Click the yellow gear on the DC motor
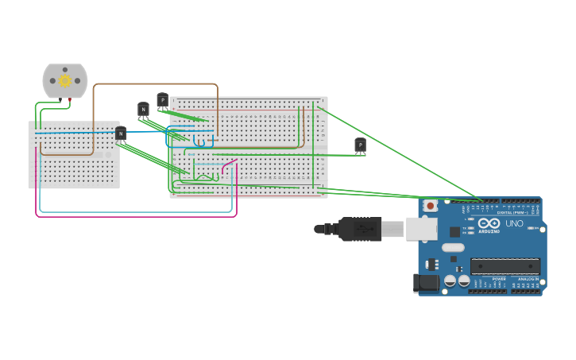[x=65, y=80]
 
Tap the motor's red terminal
[x=71, y=99]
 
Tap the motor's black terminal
[x=59, y=99]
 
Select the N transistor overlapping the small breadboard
[x=121, y=134]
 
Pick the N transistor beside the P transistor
[x=143, y=109]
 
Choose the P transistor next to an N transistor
[x=163, y=100]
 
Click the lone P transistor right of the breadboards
[x=360, y=145]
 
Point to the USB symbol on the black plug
[x=359, y=229]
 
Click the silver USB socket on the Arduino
[x=421, y=229]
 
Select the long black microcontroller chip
[x=504, y=266]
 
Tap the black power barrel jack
[x=426, y=282]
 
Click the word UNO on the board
[x=514, y=224]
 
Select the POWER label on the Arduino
[x=499, y=279]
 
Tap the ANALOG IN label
[x=528, y=279]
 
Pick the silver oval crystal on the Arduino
[x=453, y=247]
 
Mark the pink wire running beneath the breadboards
[x=135, y=215]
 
